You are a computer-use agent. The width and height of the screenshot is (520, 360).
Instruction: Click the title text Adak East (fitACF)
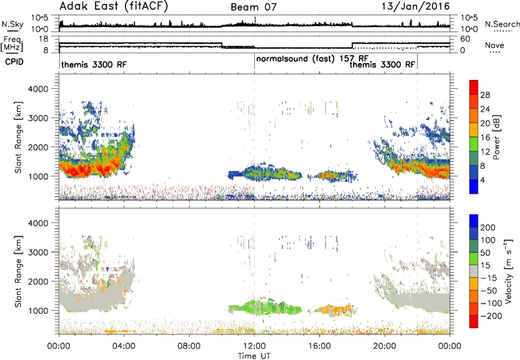pyautogui.click(x=114, y=6)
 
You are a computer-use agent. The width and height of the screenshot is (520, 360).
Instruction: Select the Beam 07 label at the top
pyautogui.click(x=253, y=7)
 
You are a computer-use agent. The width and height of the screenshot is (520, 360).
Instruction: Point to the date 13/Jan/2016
pyautogui.click(x=415, y=6)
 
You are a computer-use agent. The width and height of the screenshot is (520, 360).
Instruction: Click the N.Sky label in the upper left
pyautogui.click(x=12, y=24)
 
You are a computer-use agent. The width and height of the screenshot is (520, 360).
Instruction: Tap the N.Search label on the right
pyautogui.click(x=502, y=24)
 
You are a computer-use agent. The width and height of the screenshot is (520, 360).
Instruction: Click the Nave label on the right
pyautogui.click(x=495, y=45)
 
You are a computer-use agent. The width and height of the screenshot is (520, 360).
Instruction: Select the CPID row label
pyautogui.click(x=14, y=62)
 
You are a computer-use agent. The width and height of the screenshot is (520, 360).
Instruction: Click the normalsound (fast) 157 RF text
pyautogui.click(x=313, y=58)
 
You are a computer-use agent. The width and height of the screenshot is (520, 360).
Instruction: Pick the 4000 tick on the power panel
pyautogui.click(x=38, y=89)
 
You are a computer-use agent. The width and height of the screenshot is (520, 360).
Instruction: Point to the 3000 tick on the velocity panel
pyautogui.click(x=38, y=252)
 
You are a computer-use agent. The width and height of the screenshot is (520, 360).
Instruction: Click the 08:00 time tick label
pyautogui.click(x=188, y=346)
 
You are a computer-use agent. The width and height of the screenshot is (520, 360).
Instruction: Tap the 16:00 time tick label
pyautogui.click(x=319, y=346)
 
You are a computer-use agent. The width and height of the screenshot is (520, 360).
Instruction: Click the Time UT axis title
pyautogui.click(x=254, y=355)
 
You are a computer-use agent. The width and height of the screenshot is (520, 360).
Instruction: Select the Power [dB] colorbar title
pyautogui.click(x=497, y=137)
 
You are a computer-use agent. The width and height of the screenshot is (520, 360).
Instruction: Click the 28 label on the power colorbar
pyautogui.click(x=485, y=95)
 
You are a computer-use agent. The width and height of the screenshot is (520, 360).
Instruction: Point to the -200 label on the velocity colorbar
pyautogui.click(x=491, y=316)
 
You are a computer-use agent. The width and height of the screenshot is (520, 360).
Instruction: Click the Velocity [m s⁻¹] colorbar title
pyautogui.click(x=508, y=271)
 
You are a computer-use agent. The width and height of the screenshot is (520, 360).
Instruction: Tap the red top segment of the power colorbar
pyautogui.click(x=474, y=87)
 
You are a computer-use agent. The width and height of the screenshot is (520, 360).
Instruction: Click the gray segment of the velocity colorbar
pyautogui.click(x=474, y=266)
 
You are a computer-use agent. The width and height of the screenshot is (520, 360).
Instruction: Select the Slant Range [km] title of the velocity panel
pyautogui.click(x=18, y=271)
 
